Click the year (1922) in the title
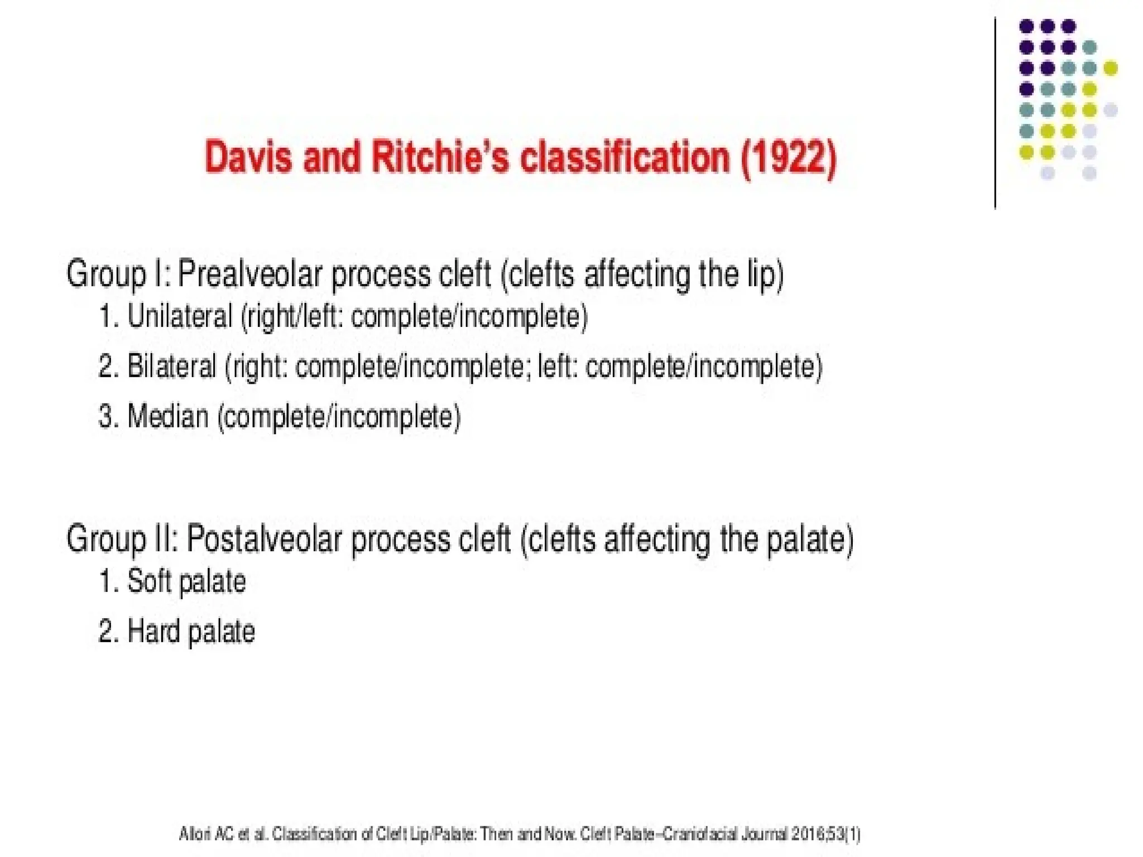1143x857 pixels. point(789,158)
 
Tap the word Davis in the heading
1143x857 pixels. point(248,157)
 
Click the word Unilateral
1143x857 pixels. point(180,316)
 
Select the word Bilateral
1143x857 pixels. point(171,367)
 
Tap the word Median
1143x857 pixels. point(167,416)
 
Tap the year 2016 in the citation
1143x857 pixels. point(807,835)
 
